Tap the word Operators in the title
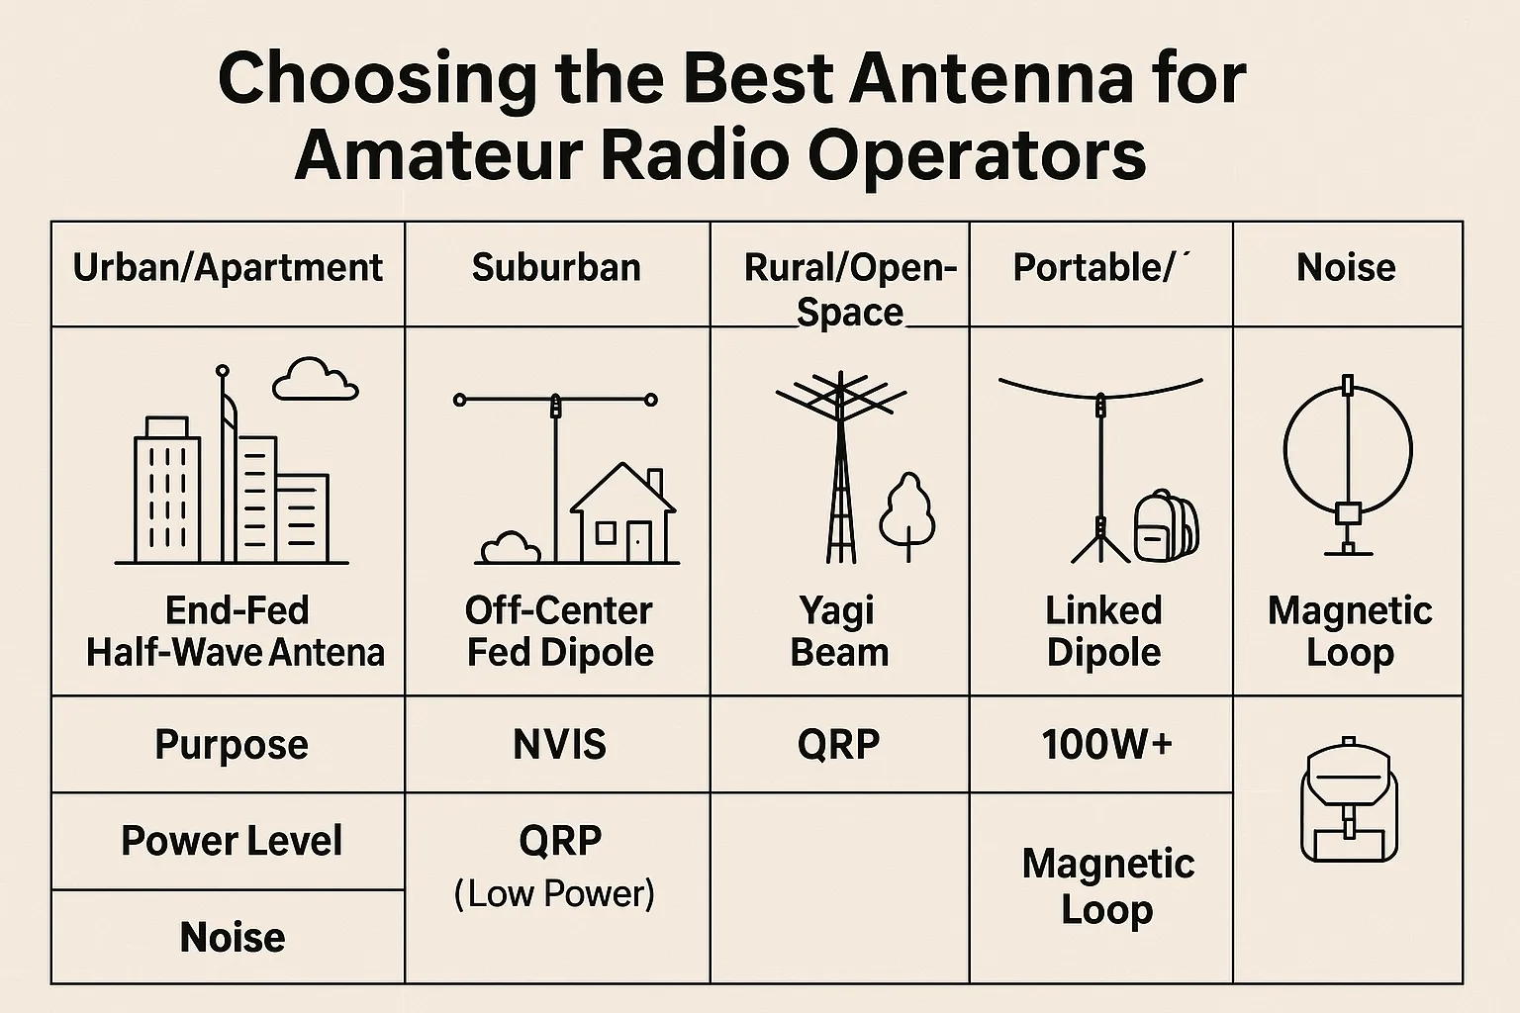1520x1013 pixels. click(x=976, y=157)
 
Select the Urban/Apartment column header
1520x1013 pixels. click(x=228, y=268)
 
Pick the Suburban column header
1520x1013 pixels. click(x=556, y=267)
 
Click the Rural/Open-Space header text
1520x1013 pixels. click(x=850, y=289)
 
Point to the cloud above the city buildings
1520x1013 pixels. click(x=315, y=379)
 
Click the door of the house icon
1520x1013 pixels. click(x=638, y=542)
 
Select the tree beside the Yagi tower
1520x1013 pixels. click(x=907, y=515)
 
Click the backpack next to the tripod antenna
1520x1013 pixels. click(x=1167, y=526)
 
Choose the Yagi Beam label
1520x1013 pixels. click(x=839, y=632)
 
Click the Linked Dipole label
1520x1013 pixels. click(x=1104, y=632)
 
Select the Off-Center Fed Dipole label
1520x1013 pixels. click(x=560, y=632)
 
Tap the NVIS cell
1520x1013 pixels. click(x=560, y=744)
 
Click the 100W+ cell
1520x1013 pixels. click(x=1107, y=744)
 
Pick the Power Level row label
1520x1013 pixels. click(x=233, y=841)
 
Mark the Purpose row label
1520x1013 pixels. click(x=233, y=745)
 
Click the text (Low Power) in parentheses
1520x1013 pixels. click(x=554, y=893)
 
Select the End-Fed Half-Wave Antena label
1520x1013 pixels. click(x=236, y=632)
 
